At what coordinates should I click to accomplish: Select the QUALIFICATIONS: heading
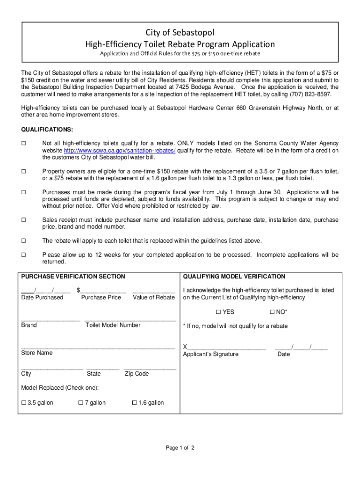[47, 129]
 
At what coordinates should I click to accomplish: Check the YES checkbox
[218, 312]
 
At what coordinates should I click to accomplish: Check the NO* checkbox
[272, 312]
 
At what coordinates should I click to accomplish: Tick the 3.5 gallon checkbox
[24, 403]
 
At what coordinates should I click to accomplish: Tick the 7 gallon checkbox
[80, 403]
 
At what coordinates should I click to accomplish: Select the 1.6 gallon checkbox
[135, 403]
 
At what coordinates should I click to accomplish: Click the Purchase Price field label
[101, 298]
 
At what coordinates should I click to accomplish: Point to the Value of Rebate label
[153, 298]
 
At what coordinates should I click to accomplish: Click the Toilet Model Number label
[113, 325]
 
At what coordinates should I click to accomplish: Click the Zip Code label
[137, 374]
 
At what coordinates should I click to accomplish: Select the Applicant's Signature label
[210, 354]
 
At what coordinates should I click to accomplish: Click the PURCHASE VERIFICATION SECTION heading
[73, 276]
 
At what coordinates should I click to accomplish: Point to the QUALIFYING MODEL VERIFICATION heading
[234, 276]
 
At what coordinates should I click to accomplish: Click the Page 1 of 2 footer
[180, 448]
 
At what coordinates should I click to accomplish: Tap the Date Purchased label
[42, 298]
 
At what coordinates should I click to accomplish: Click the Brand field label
[29, 325]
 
